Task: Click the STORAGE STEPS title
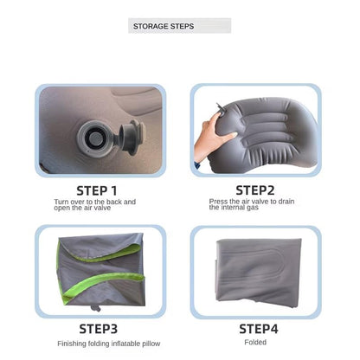pos(164,26)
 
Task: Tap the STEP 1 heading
pos(97,191)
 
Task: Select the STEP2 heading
pos(255,190)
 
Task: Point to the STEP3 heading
pos(99,329)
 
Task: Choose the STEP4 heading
pos(259,329)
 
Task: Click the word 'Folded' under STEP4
pos(255,343)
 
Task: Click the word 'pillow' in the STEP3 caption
pos(151,344)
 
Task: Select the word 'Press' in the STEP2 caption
pos(218,202)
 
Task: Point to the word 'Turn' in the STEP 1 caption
pos(61,202)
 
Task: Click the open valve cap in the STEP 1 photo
pos(132,138)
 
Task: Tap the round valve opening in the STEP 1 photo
pos(95,139)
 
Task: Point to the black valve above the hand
pos(220,110)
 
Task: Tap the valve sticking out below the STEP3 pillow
pos(95,308)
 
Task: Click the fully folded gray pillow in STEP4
pos(259,273)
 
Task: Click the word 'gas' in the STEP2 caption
pos(253,208)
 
